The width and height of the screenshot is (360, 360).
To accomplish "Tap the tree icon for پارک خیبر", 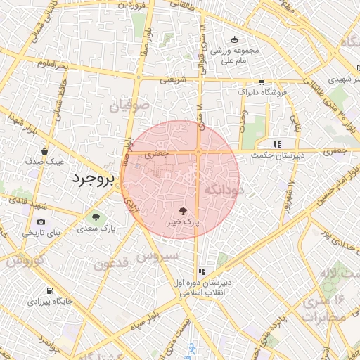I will point(183,210).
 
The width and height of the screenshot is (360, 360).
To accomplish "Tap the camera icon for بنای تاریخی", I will point(41,222).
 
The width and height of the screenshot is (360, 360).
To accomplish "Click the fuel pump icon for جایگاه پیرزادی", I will point(49,290).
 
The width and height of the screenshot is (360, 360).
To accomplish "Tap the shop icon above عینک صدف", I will point(44,151).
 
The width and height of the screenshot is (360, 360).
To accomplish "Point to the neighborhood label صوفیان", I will point(130,108).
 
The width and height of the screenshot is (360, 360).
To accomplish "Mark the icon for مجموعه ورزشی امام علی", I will point(234,39).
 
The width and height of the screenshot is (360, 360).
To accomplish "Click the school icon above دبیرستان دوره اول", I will point(202,271).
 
